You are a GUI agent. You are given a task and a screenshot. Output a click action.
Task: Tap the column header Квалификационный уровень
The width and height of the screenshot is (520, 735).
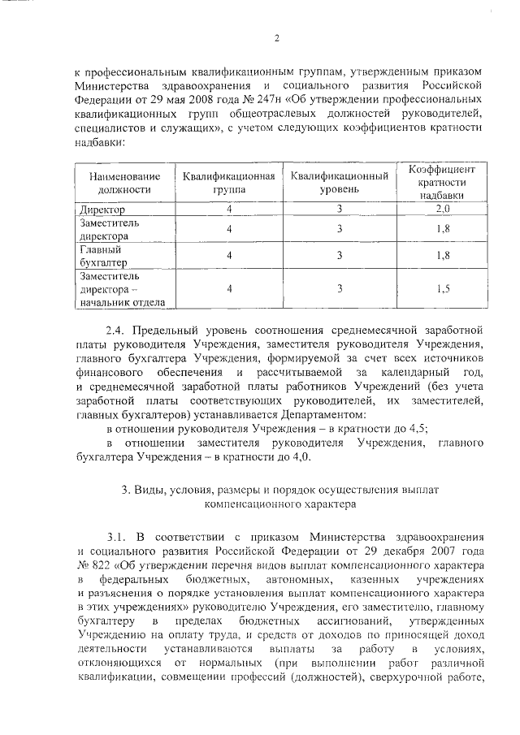pos(339,183)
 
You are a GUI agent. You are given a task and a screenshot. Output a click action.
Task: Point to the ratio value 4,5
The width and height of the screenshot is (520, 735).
pos(415,428)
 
